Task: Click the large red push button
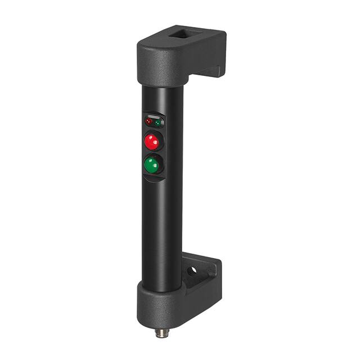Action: coord(152,141)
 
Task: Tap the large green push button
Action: coord(152,164)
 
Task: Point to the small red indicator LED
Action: coord(148,121)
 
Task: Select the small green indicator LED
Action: coord(159,121)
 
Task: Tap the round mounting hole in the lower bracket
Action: coord(192,270)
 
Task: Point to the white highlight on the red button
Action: coord(149,137)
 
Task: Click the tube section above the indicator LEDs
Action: coord(162,98)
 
